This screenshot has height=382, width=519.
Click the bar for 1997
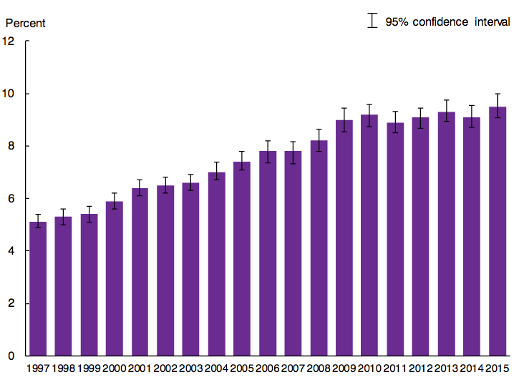pyautogui.click(x=37, y=289)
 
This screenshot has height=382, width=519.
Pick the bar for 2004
pyautogui.click(x=216, y=264)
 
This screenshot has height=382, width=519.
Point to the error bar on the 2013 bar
pyautogui.click(x=447, y=111)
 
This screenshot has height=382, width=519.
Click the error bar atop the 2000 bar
pyautogui.click(x=115, y=201)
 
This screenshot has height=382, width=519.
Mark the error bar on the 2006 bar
pyautogui.click(x=268, y=152)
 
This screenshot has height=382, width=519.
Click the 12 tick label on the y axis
pyautogui.click(x=9, y=41)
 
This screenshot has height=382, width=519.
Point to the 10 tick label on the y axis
pyautogui.click(x=9, y=94)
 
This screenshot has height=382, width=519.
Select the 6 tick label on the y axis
pyautogui.click(x=11, y=199)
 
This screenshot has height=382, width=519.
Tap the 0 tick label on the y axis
pyautogui.click(x=11, y=356)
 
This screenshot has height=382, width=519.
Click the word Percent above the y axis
pyautogui.click(x=26, y=23)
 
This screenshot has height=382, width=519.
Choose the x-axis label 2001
pyautogui.click(x=140, y=368)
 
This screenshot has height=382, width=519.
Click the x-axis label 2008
pyautogui.click(x=319, y=368)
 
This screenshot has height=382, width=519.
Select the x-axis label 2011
pyautogui.click(x=395, y=368)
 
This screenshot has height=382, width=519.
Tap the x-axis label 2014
pyautogui.click(x=472, y=368)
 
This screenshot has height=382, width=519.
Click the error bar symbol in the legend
pyautogui.click(x=372, y=21)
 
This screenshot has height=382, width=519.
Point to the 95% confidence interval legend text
pyautogui.click(x=447, y=22)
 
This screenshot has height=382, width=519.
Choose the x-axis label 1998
pyautogui.click(x=63, y=368)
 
